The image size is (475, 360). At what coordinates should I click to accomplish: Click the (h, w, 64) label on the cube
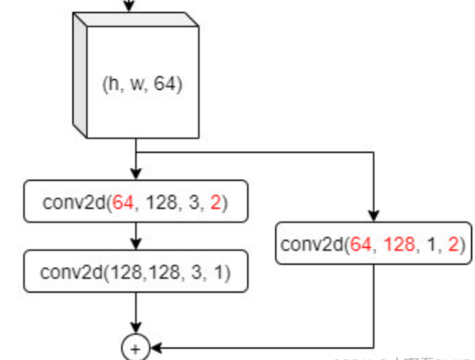tap(142, 84)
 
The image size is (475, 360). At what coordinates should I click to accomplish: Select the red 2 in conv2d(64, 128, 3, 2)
tap(216, 202)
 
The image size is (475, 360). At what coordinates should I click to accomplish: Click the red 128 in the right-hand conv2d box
tap(399, 245)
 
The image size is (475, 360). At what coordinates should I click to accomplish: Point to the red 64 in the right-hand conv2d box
tap(361, 245)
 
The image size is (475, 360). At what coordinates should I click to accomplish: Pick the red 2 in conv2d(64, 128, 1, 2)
tap(453, 245)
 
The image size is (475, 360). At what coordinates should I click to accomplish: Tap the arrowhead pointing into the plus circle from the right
tap(156, 348)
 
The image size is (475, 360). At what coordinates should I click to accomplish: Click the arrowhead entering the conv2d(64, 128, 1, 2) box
tap(374, 216)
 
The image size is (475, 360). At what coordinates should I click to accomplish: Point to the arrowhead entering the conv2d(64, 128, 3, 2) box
tap(136, 174)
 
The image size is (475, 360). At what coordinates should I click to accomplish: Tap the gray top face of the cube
tap(135, 19)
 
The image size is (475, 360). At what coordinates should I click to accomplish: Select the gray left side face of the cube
tap(80, 75)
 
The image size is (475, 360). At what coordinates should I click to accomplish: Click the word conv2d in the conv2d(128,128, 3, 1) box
tap(71, 272)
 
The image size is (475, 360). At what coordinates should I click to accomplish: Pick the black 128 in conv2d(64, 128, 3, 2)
tap(162, 202)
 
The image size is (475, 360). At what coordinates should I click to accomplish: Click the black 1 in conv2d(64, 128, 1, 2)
tap(431, 245)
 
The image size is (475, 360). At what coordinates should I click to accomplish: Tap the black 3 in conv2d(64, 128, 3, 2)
tap(194, 202)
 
